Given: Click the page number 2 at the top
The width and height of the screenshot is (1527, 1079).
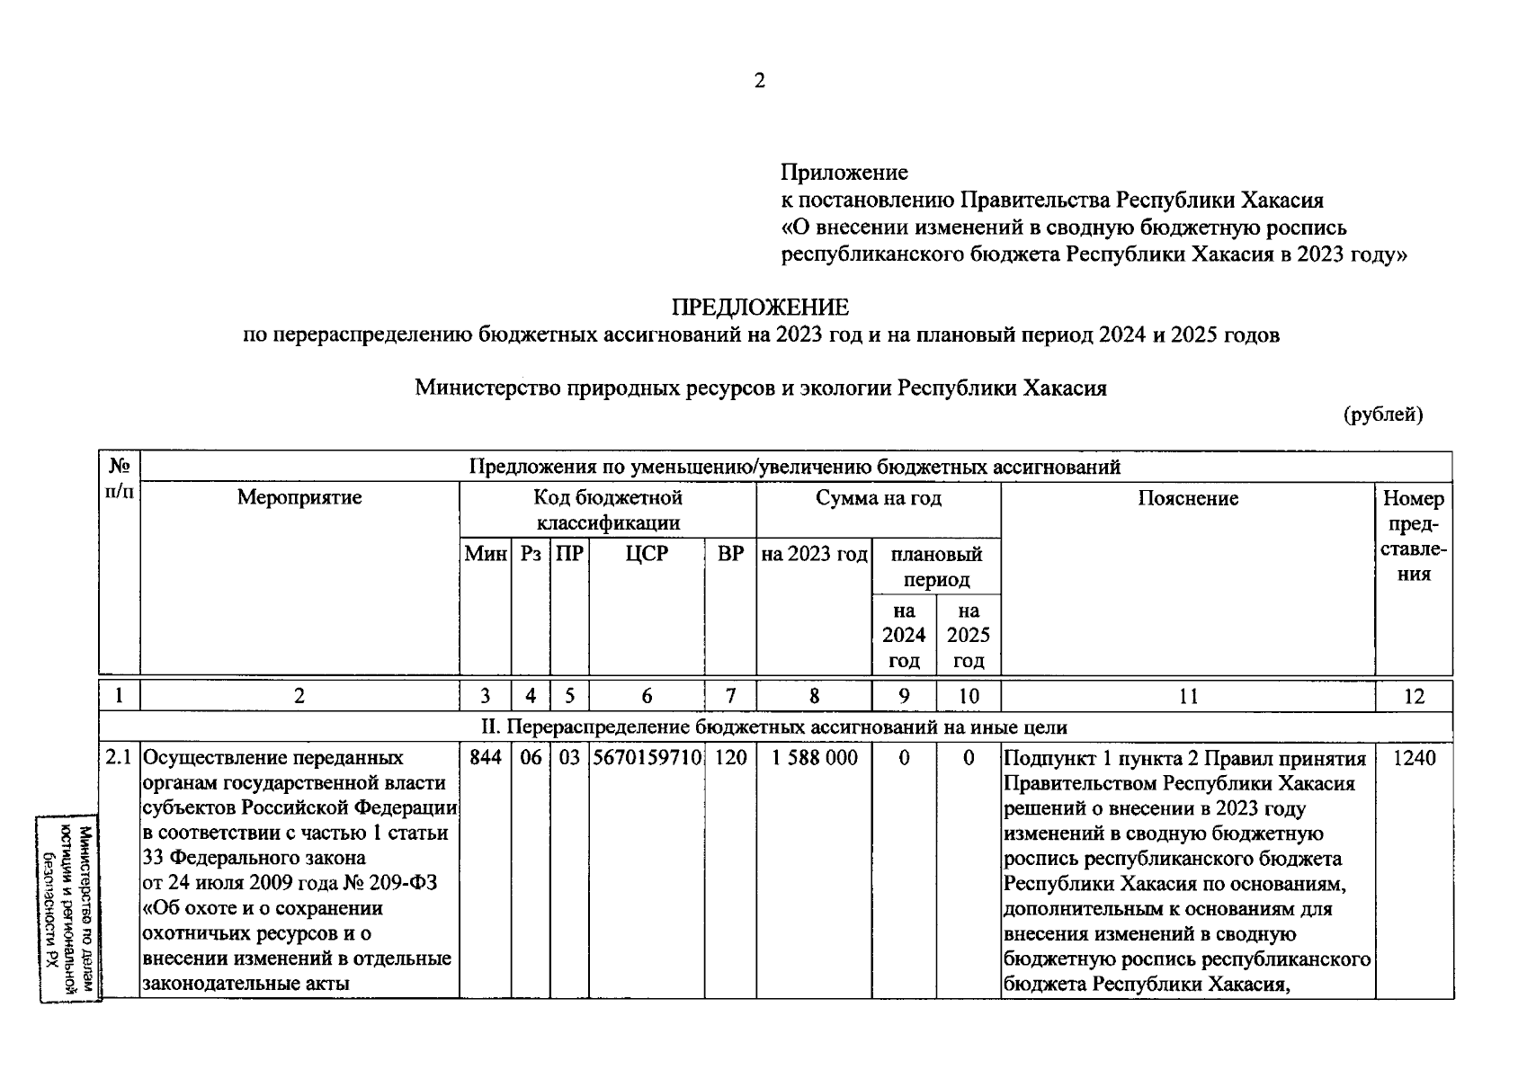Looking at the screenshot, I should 760,81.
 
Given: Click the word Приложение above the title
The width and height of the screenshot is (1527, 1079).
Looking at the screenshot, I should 844,172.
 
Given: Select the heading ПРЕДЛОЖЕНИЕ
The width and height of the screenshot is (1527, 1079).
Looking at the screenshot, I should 760,308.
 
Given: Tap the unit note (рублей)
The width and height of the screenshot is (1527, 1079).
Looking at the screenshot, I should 1383,415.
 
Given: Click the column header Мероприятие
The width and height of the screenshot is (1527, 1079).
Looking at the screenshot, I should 299,497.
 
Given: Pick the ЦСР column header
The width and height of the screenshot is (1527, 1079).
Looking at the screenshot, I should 647,554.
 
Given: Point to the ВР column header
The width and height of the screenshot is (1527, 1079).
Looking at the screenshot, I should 730,554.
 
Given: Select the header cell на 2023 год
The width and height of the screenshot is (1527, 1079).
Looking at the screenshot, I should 814,554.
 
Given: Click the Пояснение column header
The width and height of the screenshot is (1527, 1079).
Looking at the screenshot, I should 1187,498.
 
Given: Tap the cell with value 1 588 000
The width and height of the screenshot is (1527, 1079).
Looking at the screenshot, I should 814,758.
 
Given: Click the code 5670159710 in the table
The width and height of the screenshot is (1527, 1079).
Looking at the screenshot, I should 647,758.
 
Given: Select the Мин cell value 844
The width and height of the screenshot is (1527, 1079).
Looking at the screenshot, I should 485,758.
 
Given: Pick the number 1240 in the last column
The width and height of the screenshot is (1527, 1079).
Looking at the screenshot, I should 1414,758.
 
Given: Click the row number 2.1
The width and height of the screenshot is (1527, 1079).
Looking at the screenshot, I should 119,758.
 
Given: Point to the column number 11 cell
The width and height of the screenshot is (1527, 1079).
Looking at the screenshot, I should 1187,696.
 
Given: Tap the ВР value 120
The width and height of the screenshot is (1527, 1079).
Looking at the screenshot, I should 730,758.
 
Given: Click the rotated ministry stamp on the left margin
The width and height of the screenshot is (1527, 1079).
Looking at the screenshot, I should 68,908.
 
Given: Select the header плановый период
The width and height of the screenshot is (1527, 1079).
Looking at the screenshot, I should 935,566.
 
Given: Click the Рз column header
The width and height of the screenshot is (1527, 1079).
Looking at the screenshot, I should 531,554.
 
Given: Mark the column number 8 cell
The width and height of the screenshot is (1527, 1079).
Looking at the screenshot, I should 814,696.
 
